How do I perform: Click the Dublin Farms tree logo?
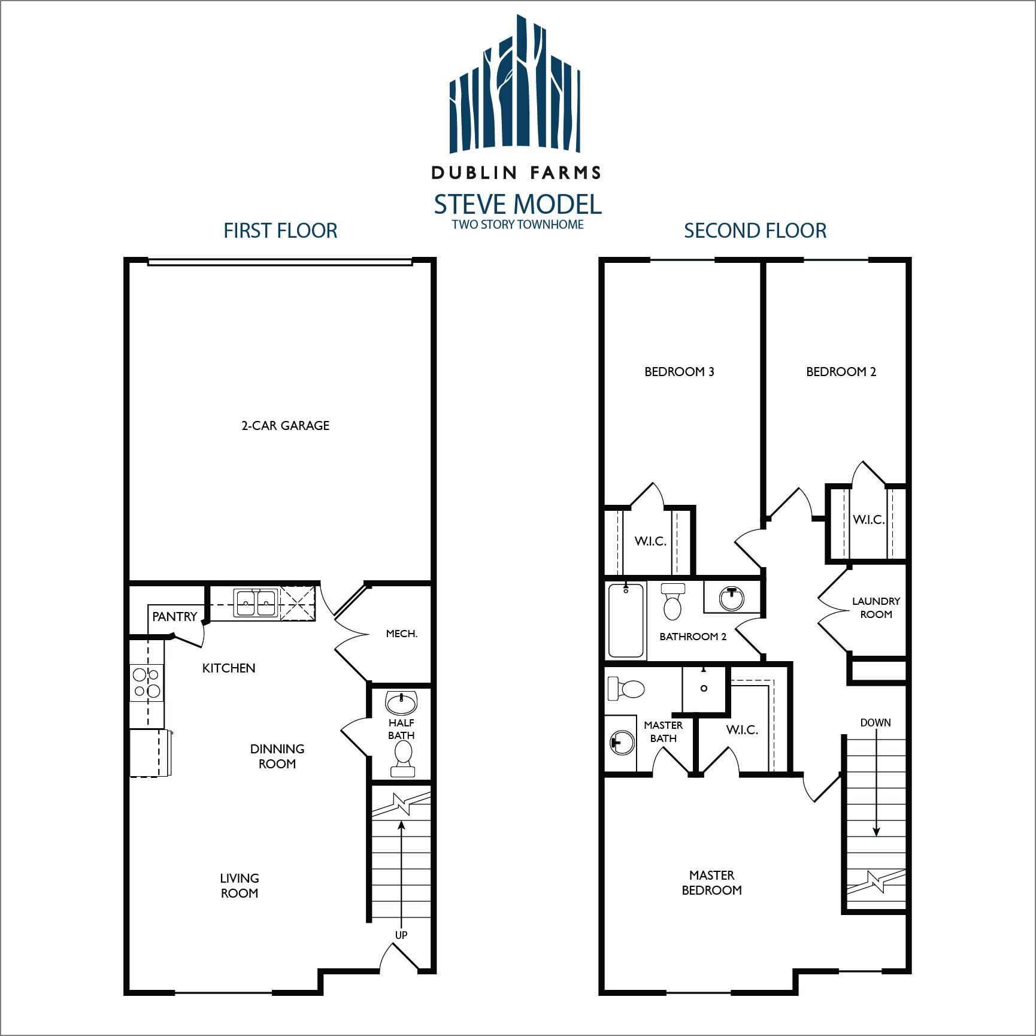(515, 84)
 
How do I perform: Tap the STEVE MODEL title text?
(518, 205)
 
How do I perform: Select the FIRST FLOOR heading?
(280, 231)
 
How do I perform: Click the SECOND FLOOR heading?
(755, 231)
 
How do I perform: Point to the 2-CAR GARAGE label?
(285, 426)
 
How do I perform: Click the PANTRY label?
(174, 617)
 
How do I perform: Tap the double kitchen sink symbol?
(256, 602)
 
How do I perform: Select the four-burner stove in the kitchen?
(147, 683)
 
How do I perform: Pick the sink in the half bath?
(401, 702)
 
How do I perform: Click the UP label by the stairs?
(401, 935)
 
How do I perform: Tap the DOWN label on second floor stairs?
(876, 723)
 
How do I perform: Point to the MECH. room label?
(402, 634)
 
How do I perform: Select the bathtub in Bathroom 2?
(626, 620)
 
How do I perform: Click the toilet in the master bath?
(626, 689)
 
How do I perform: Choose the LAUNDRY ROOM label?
(876, 608)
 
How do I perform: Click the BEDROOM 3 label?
(679, 372)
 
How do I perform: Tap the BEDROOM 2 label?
(841, 372)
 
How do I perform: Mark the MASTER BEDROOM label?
(711, 883)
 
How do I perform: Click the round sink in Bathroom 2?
(731, 598)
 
